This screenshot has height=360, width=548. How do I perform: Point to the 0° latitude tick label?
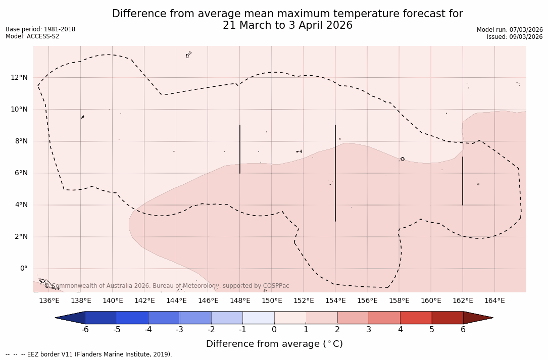point(24,269)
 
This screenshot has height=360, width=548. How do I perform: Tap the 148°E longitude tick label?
point(240,301)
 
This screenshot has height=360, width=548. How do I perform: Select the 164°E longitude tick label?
point(494,301)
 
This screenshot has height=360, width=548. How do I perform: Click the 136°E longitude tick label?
point(49,301)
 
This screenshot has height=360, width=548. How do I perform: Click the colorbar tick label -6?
point(85,330)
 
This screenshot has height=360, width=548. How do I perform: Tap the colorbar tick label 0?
point(274,330)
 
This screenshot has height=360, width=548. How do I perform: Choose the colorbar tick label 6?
point(463,330)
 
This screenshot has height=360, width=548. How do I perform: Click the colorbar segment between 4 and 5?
point(416,318)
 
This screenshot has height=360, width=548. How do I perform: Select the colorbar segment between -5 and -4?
point(132,318)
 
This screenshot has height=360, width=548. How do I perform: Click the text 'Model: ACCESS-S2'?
point(32,36)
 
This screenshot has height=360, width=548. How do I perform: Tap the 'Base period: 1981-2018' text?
point(40,29)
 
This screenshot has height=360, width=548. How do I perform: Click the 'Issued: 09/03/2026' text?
point(515,37)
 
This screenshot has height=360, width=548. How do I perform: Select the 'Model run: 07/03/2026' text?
point(510,30)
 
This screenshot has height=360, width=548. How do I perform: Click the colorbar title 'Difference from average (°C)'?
point(274,344)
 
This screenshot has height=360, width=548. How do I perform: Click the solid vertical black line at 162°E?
point(463,181)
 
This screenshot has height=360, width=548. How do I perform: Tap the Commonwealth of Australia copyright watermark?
point(167,286)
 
